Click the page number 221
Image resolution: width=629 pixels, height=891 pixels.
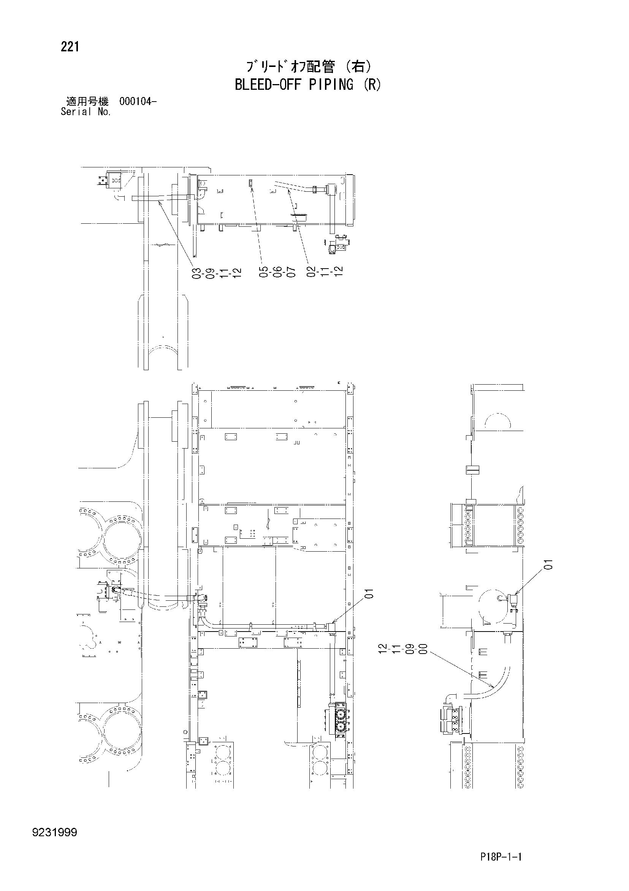[70, 47]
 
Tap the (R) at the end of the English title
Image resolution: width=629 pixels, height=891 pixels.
[371, 84]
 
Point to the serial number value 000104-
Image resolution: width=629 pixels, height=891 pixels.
[138, 102]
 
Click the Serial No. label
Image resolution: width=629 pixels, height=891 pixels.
[86, 112]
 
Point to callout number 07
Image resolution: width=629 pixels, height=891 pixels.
[291, 272]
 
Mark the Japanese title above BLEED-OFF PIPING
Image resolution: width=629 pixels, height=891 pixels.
[309, 67]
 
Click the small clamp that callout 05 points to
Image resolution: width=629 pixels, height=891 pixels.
[250, 183]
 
